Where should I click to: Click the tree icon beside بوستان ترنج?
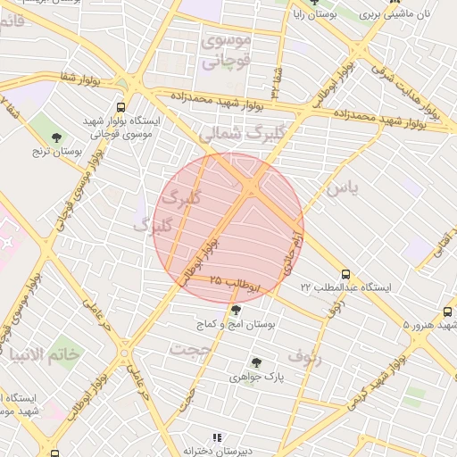(57, 137)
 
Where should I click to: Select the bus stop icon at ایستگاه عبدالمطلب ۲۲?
(346, 275)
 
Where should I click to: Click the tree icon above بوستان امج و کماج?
(236, 311)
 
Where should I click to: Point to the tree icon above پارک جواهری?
(257, 362)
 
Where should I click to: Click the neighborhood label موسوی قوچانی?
(227, 51)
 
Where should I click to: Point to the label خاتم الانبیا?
(43, 354)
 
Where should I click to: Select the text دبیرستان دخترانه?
(217, 453)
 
